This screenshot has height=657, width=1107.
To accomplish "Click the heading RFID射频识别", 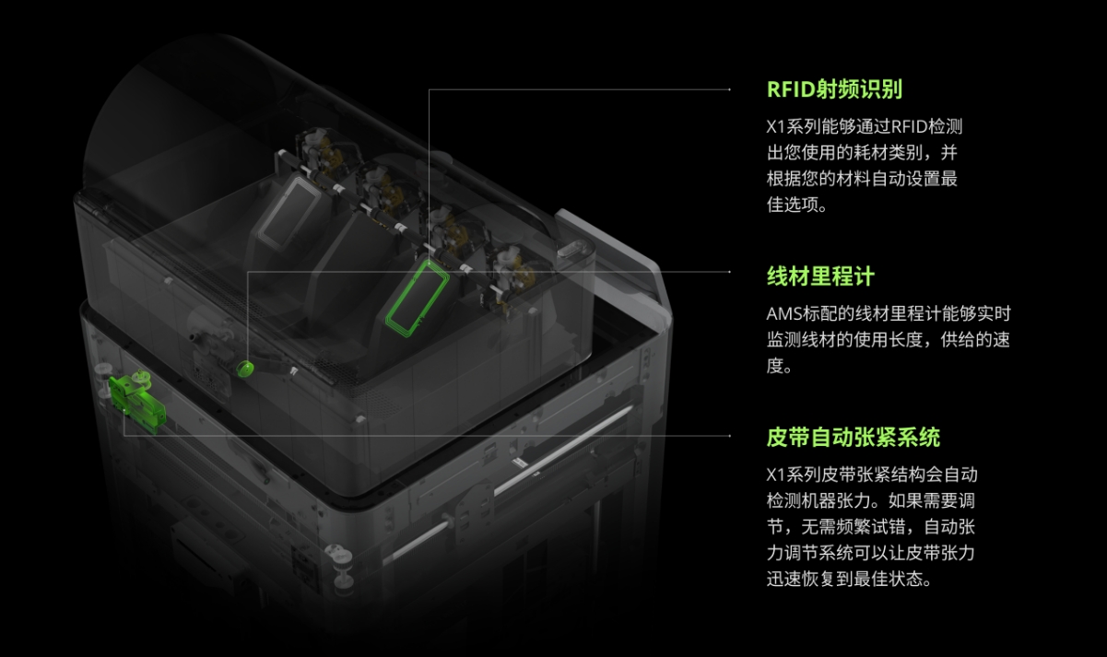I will click(x=834, y=89).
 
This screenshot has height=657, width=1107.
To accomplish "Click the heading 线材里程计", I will click(x=820, y=276).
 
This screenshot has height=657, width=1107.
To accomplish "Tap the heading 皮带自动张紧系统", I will click(x=854, y=437).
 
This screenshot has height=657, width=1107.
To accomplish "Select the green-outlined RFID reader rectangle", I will click(x=417, y=297).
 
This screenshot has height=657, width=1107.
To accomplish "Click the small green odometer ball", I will click(x=245, y=369).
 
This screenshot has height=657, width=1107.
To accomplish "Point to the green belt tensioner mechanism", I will click(x=135, y=399).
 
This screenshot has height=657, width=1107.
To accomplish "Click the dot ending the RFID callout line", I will click(x=730, y=89).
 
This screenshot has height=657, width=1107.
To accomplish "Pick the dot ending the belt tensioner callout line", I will click(x=730, y=436).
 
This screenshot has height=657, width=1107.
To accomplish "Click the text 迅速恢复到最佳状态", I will click(x=849, y=580).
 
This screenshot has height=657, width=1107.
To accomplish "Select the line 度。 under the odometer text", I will click(x=780, y=366).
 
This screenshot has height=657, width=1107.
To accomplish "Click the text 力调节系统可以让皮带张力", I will click(x=871, y=554).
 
